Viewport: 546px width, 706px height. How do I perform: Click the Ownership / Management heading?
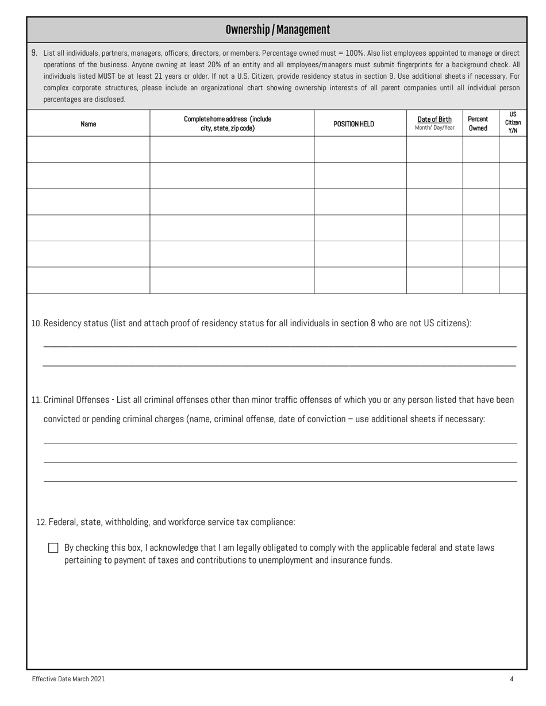point(277,30)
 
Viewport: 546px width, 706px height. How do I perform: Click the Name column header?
point(89,124)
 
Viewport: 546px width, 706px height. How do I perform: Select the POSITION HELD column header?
point(353,124)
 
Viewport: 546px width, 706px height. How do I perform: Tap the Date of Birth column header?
point(435,124)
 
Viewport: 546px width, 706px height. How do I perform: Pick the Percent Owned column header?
point(478,124)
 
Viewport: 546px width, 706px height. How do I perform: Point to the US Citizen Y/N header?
point(513,122)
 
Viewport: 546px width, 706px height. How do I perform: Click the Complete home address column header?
point(228,124)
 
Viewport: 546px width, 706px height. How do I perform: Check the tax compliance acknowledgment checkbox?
point(53,548)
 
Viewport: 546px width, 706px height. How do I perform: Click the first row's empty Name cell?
point(89,149)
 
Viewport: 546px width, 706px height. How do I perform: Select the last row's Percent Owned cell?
point(480,280)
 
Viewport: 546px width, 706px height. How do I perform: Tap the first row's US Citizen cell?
point(513,149)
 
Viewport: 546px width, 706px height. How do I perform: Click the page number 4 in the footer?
point(511,679)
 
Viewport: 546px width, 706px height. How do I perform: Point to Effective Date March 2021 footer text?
point(68,679)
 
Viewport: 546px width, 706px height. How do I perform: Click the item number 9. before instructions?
point(34,53)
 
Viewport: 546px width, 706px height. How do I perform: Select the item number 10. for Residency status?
point(36,323)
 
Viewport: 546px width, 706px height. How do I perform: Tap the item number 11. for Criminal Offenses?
point(36,400)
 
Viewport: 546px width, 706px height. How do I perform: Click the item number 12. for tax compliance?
point(41,522)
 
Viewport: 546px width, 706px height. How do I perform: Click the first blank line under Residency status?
point(280,345)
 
